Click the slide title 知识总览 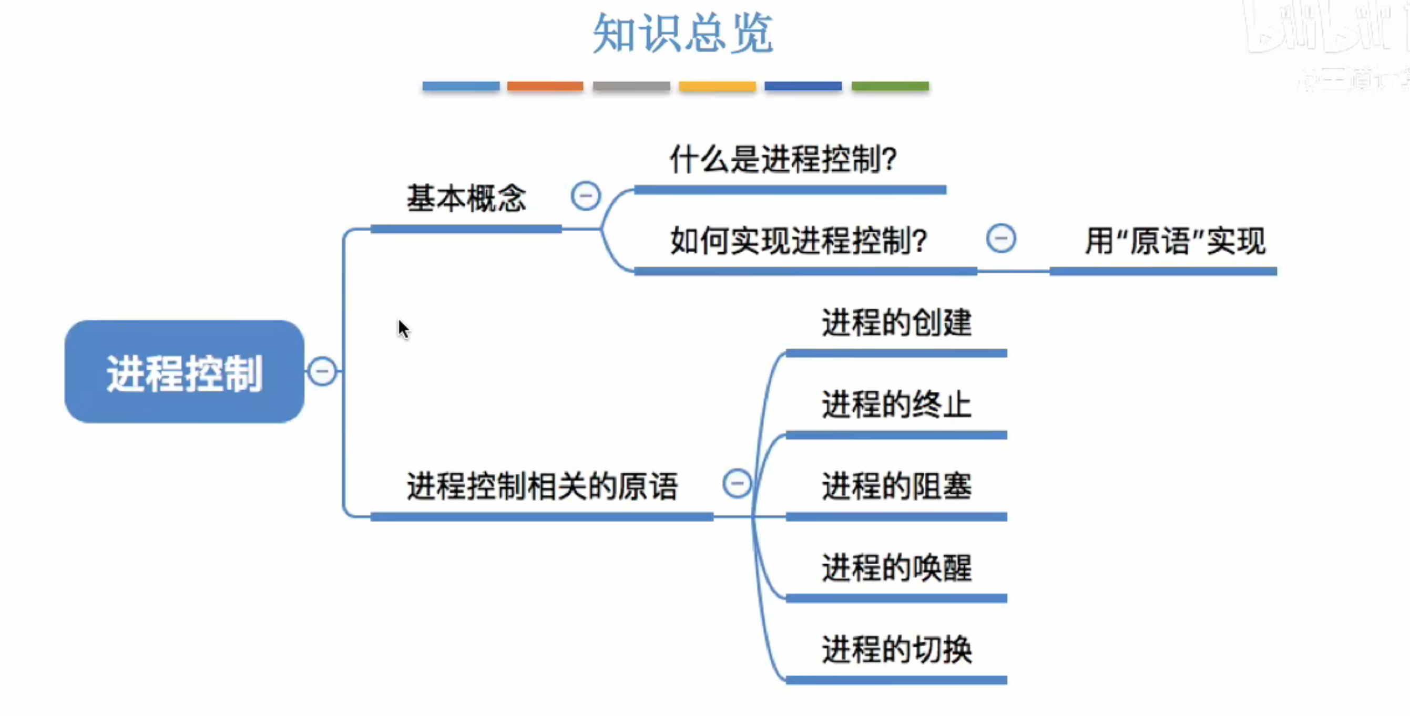tap(682, 34)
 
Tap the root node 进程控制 tap(184, 372)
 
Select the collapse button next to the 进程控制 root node tap(322, 371)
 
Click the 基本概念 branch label tap(466, 198)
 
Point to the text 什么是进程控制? tap(783, 159)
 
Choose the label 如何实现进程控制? tap(798, 241)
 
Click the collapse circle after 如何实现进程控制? tap(1000, 238)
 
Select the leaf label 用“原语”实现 tap(1174, 241)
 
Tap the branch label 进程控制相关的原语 tap(542, 486)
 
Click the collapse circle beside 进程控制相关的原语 tap(737, 483)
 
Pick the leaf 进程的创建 tap(896, 322)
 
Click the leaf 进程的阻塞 tap(896, 486)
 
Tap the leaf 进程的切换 tap(896, 649)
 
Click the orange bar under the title tap(545, 86)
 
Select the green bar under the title tap(890, 86)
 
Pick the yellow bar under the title tap(717, 86)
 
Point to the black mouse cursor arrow tap(403, 329)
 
